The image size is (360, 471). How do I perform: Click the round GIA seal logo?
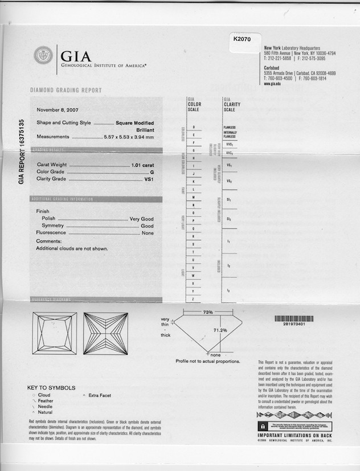point(43,55)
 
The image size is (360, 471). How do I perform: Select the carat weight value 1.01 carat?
point(143,165)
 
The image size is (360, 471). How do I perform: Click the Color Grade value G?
point(152,171)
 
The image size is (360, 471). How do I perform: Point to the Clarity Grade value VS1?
point(150,179)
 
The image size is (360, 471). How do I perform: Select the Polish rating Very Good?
point(141,219)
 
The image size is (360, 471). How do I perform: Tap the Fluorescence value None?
point(148,233)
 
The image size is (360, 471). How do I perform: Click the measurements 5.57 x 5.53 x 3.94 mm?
point(129,137)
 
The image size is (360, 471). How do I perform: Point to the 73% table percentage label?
point(207,313)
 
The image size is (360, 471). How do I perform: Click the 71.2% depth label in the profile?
point(220,330)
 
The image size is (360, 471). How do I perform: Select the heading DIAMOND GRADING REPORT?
point(66,91)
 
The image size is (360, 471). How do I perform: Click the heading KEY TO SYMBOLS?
point(52,388)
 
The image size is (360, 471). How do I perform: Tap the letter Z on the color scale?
point(194,299)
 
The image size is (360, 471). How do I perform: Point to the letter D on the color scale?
point(194,127)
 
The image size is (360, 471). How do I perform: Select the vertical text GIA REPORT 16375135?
point(22,151)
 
